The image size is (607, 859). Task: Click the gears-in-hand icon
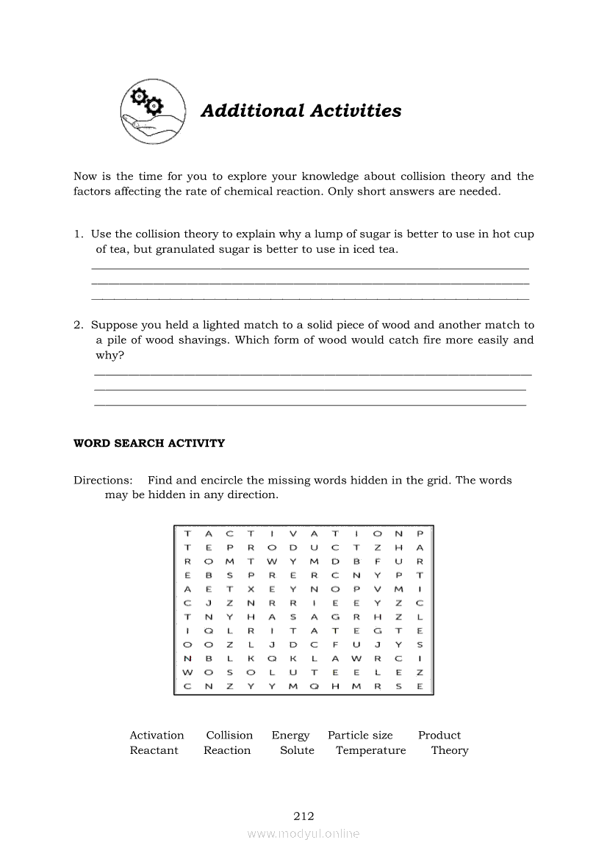tap(152, 110)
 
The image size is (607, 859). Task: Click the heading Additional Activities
tap(301, 111)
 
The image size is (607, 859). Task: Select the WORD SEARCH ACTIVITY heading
tap(149, 443)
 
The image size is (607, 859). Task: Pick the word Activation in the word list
tap(157, 735)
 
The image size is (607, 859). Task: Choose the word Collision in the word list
tap(229, 735)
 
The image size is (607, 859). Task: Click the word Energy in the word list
tap(290, 736)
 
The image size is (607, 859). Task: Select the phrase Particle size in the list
tap(360, 735)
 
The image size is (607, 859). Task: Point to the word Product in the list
tap(439, 735)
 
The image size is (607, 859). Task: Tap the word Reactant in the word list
tap(154, 750)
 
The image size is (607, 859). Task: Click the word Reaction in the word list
tap(227, 750)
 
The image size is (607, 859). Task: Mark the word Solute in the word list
tap(297, 750)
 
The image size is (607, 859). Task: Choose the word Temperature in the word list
tap(370, 751)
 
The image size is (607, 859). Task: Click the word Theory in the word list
tap(450, 751)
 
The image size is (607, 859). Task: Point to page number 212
tap(303, 816)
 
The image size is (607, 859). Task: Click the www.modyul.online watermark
tap(303, 833)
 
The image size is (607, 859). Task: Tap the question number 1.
tap(77, 234)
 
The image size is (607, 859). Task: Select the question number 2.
tap(77, 325)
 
